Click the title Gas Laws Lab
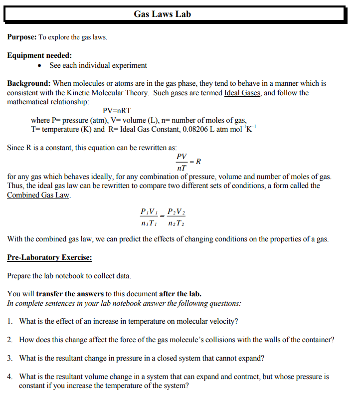pyautogui.click(x=162, y=14)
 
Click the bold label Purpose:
pyautogui.click(x=22, y=37)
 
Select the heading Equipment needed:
pyautogui.click(x=39, y=55)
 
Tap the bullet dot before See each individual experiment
pyautogui.click(x=40, y=66)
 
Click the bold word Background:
pyautogui.click(x=29, y=83)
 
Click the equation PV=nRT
pyautogui.click(x=117, y=111)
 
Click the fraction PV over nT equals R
pyautogui.click(x=187, y=162)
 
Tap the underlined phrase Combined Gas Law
pyautogui.click(x=38, y=195)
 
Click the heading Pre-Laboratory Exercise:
pyautogui.click(x=49, y=258)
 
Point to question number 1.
pyautogui.click(x=10, y=321)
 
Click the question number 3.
pyautogui.click(x=10, y=358)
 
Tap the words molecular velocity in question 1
pyautogui.click(x=210, y=321)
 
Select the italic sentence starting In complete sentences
pyautogui.click(x=124, y=303)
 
